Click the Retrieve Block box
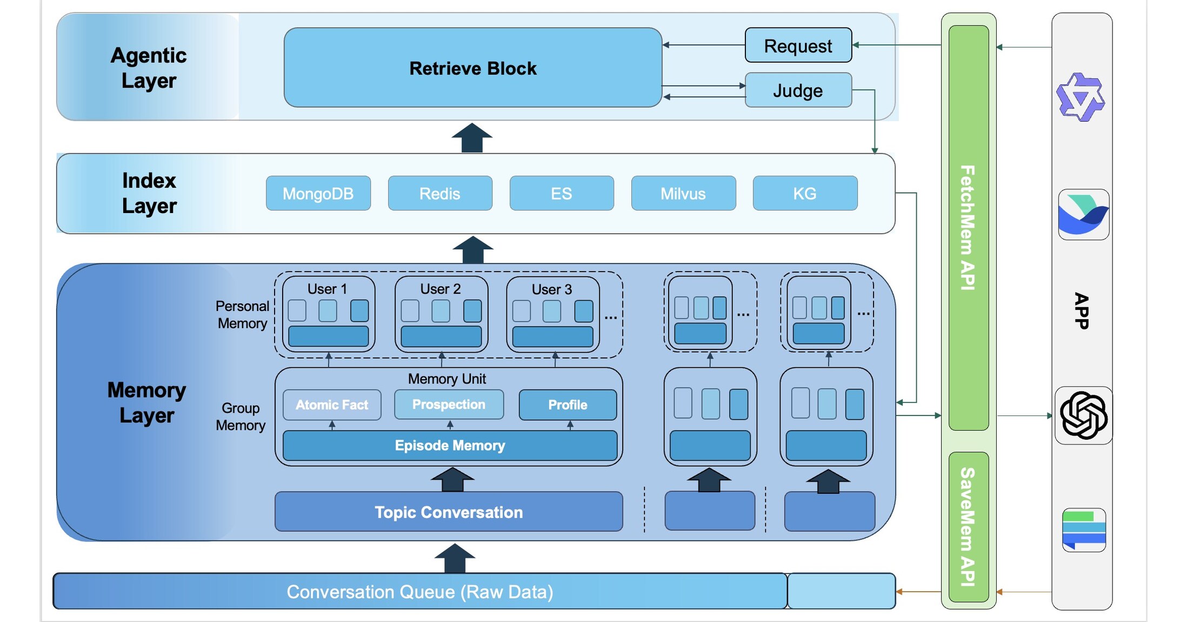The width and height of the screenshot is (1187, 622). (472, 68)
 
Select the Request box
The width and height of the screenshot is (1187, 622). (798, 46)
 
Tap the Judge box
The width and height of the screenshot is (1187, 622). (798, 90)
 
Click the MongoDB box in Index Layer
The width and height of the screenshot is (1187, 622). (318, 194)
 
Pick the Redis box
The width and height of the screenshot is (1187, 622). (440, 194)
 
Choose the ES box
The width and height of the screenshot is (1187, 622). (561, 194)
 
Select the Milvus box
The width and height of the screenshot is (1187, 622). (683, 194)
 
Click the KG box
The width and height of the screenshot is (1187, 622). (804, 194)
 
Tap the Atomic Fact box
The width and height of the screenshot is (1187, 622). (332, 405)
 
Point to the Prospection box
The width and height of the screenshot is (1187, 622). (449, 405)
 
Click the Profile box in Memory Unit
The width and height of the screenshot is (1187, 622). (568, 405)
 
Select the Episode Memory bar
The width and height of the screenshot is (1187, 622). (450, 446)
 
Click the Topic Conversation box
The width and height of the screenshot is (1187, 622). (449, 512)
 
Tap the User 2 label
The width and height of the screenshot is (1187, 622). (441, 289)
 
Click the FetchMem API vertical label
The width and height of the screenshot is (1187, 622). (968, 227)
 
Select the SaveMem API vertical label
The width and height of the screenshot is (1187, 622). (968, 526)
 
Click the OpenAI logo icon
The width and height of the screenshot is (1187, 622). (1083, 415)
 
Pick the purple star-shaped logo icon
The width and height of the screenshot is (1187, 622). (1080, 97)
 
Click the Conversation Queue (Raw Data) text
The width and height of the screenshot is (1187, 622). (419, 592)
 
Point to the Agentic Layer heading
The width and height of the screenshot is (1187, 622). (149, 68)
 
